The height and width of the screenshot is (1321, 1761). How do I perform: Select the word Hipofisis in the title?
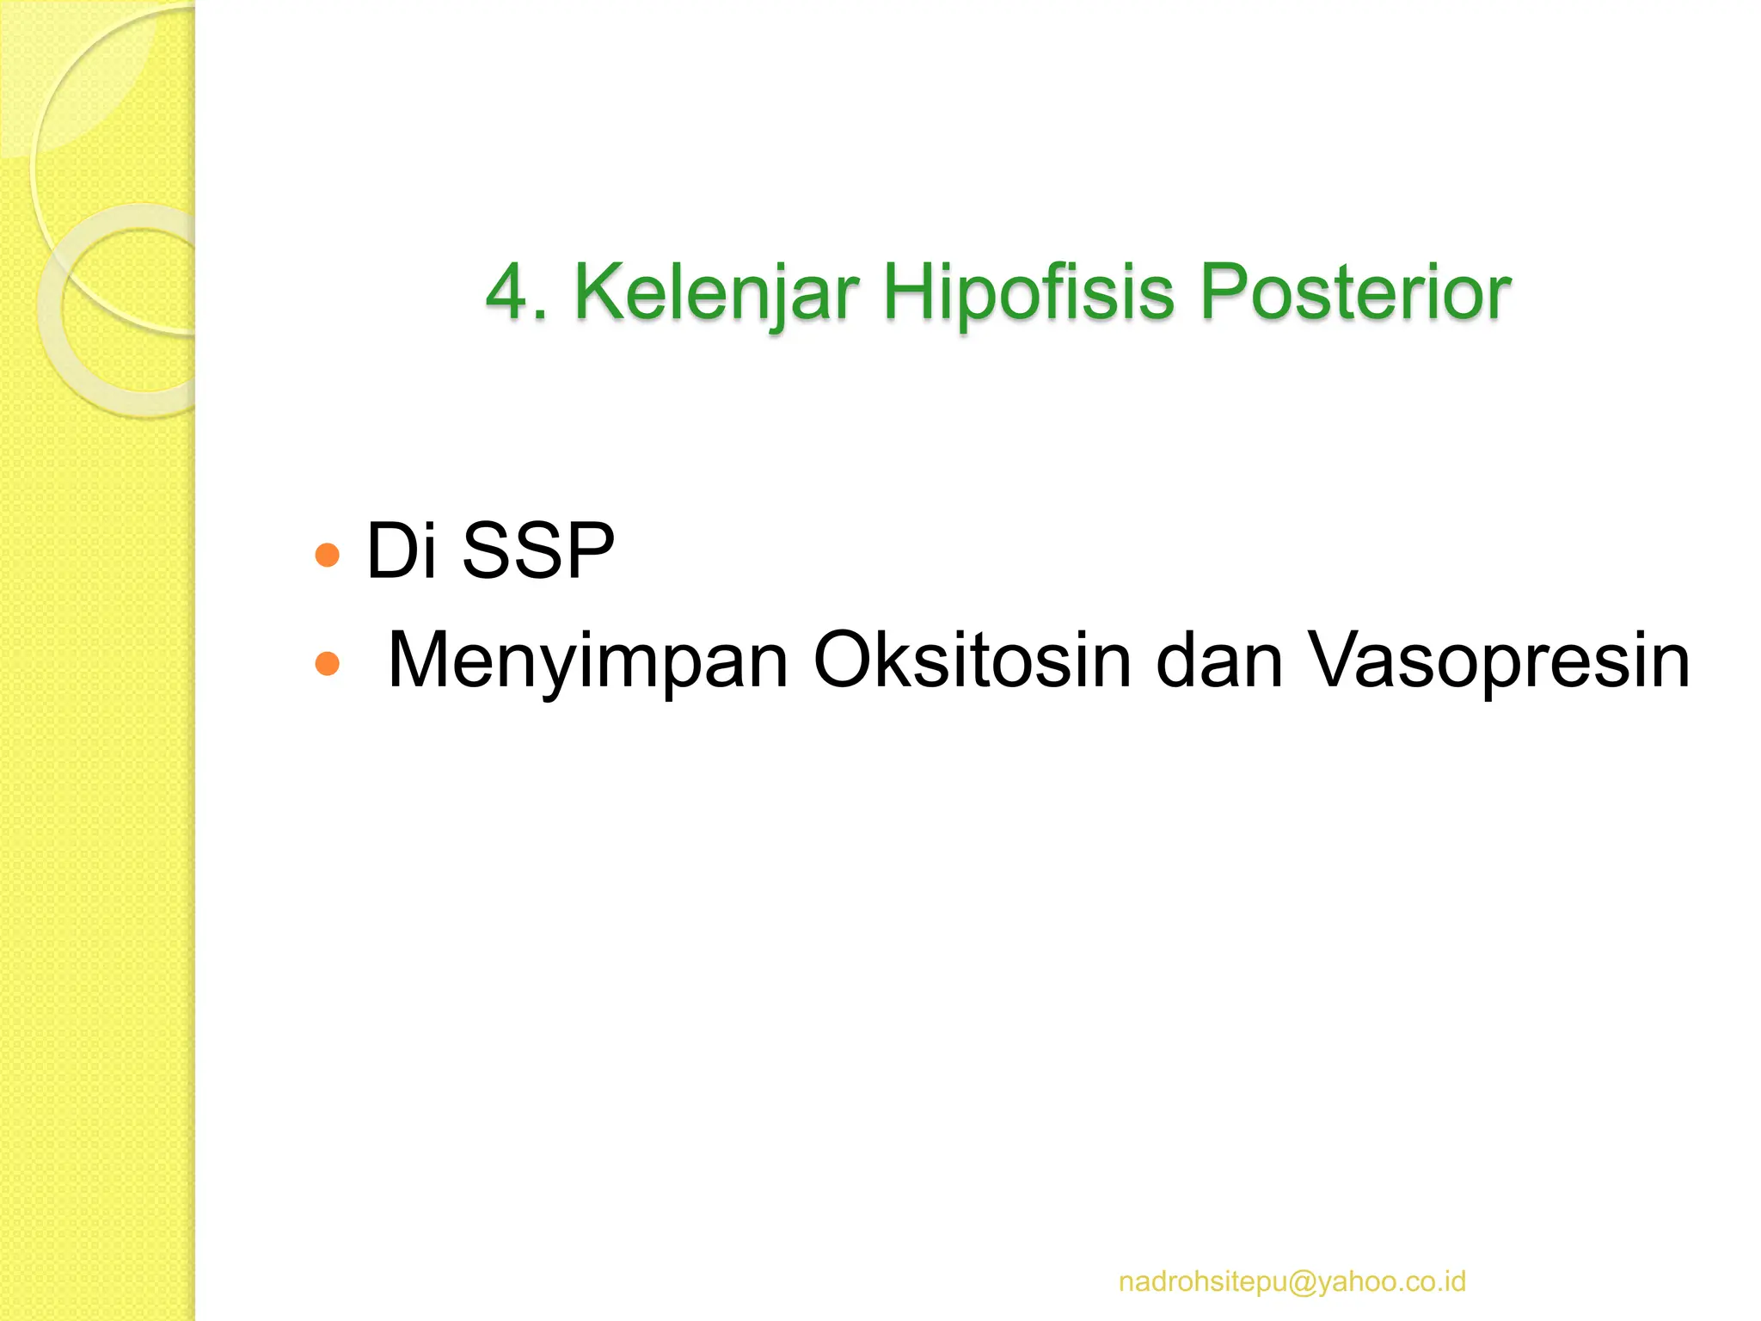(1028, 293)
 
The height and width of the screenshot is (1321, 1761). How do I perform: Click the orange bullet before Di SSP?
(328, 555)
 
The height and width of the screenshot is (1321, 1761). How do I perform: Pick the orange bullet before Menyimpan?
(328, 664)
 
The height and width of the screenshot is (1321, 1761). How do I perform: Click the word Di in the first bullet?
(401, 550)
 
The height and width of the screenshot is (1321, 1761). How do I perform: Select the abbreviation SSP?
(538, 550)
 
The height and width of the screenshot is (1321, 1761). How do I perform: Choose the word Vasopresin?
(1498, 660)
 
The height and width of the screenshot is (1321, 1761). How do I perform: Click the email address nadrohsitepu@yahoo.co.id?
(1292, 1281)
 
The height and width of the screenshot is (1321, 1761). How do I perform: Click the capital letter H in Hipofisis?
(908, 293)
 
